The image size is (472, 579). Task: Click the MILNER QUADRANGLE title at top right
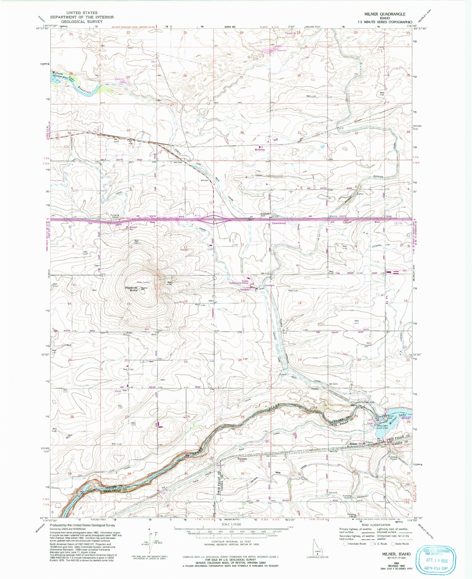click(x=385, y=14)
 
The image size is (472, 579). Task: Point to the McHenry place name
click(x=260, y=150)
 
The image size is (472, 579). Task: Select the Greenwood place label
click(x=279, y=223)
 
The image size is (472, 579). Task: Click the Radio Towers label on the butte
click(x=143, y=282)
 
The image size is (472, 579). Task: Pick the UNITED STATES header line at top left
click(x=81, y=13)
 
